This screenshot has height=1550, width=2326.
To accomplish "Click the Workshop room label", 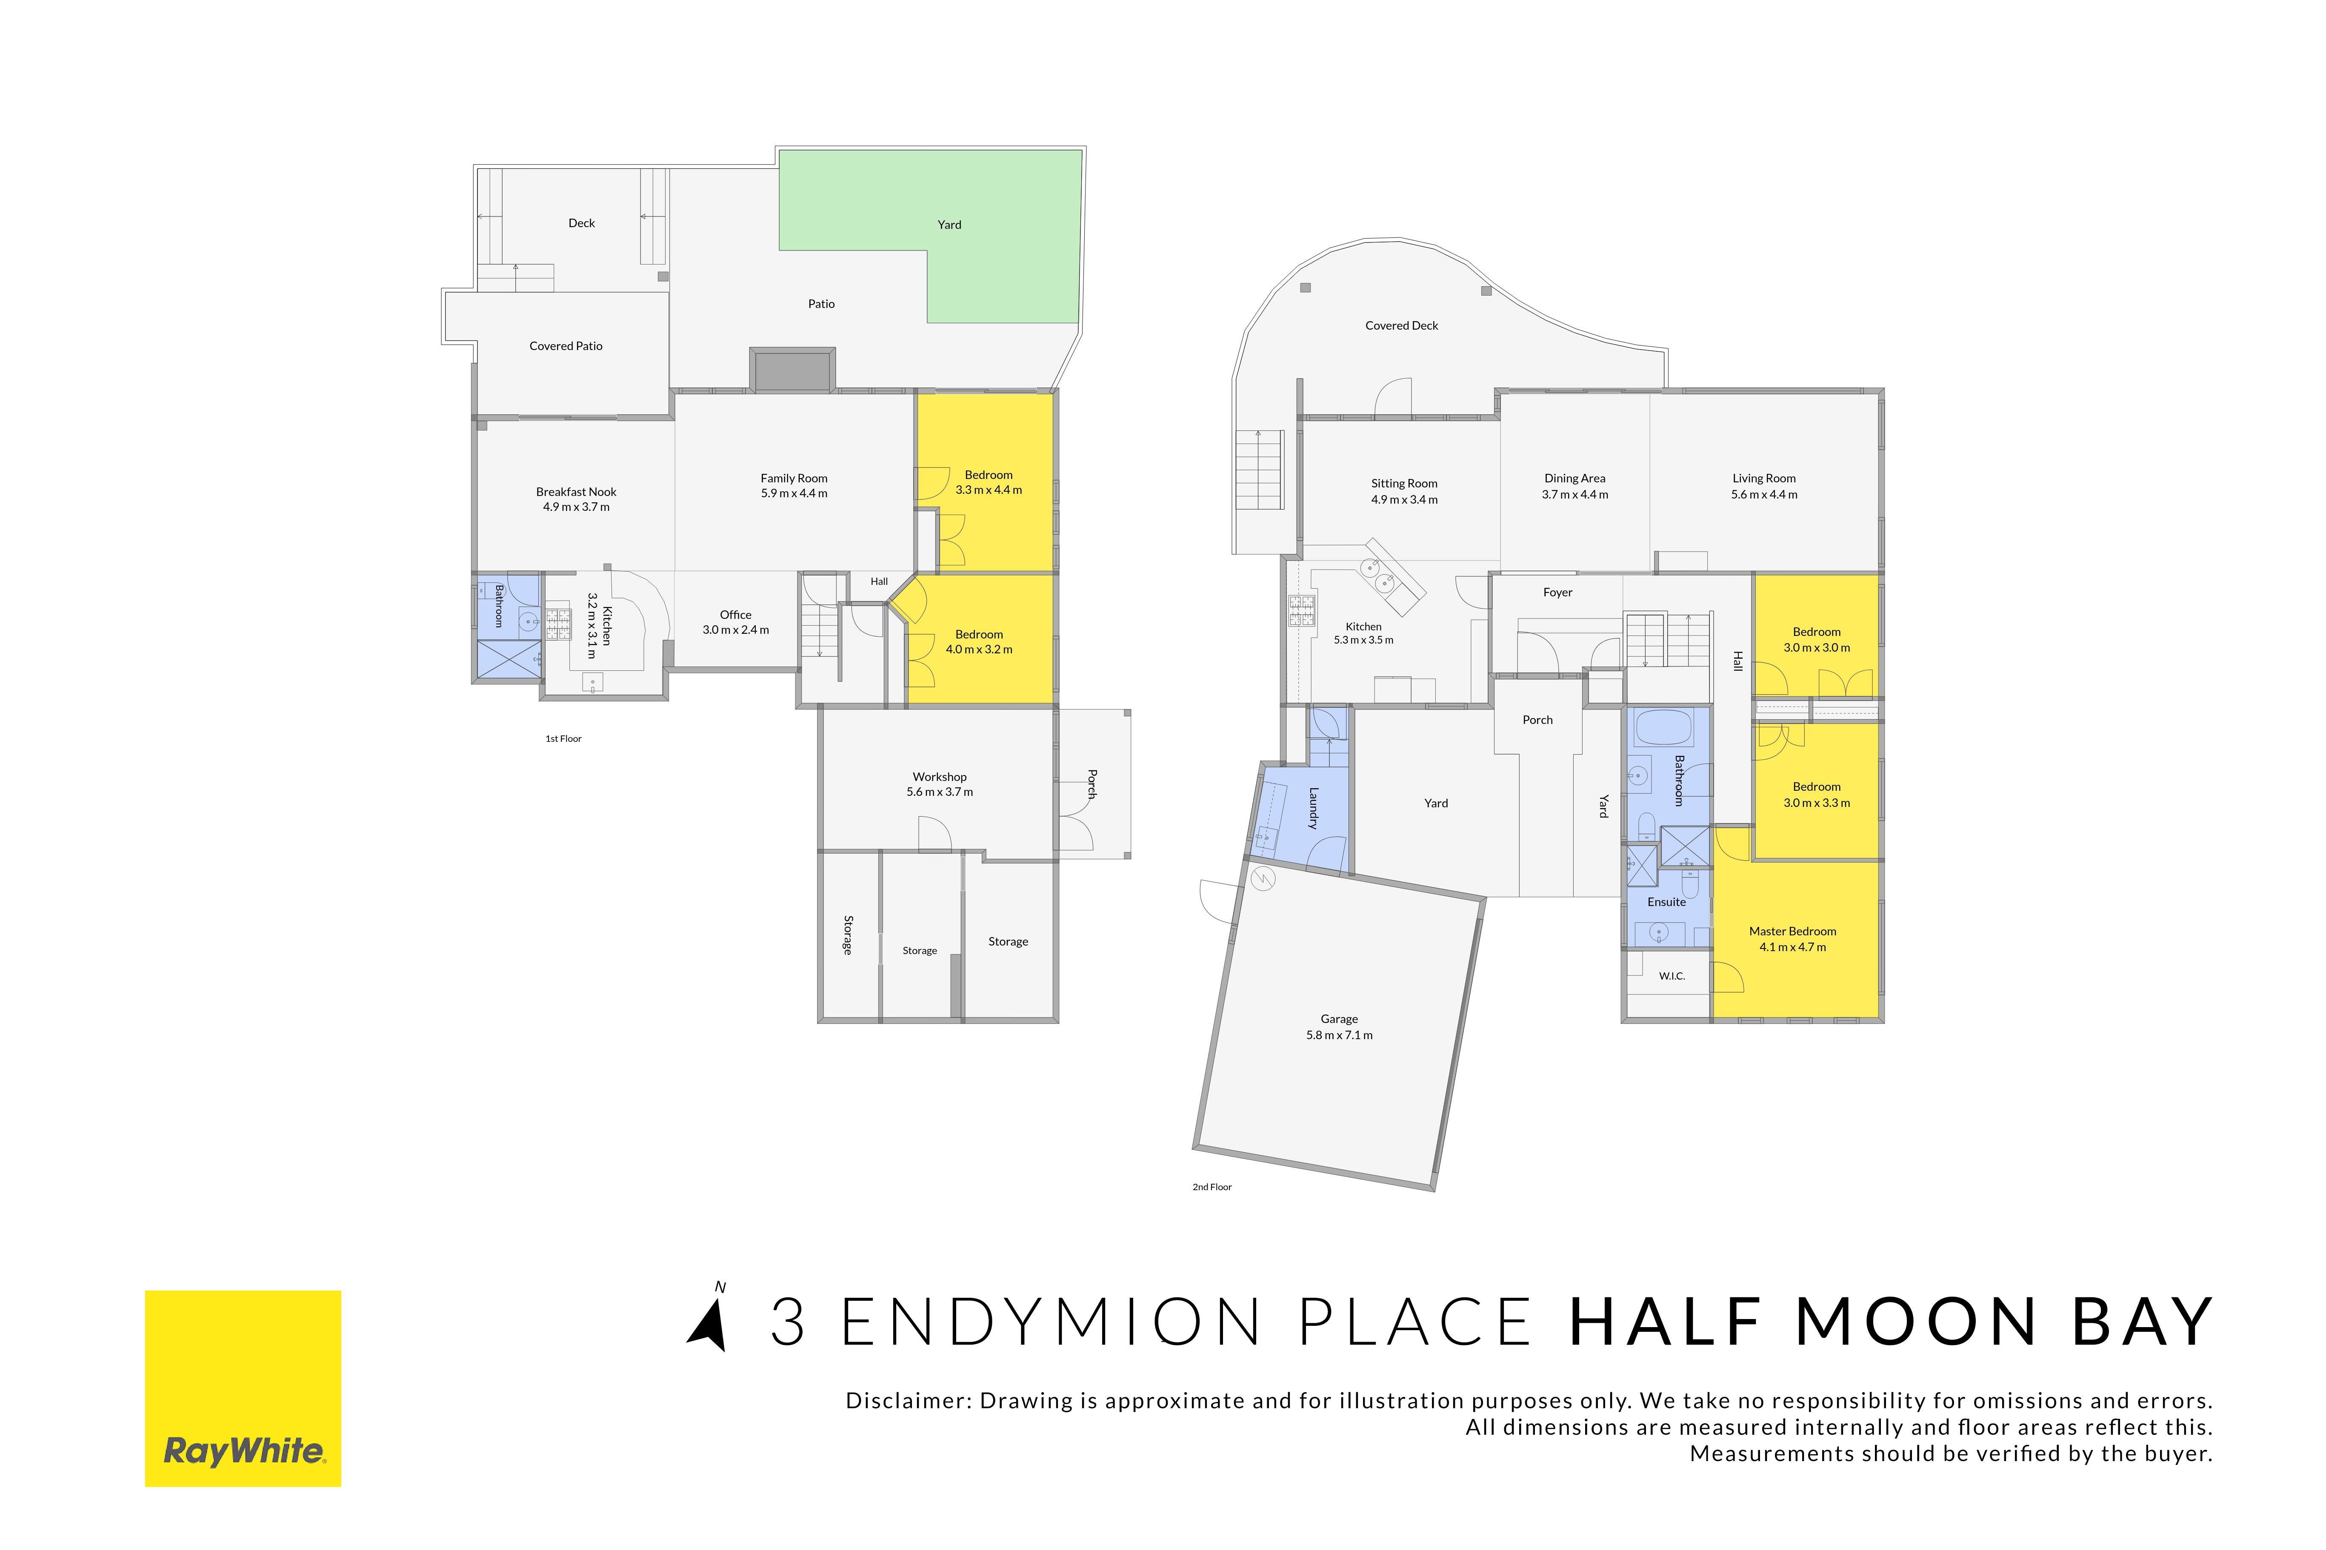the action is click(940, 777).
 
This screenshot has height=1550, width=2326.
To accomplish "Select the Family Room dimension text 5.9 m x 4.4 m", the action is click(794, 493).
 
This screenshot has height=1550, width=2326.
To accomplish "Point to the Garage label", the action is click(1339, 1019).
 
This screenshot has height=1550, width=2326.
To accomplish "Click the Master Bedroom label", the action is click(1792, 931).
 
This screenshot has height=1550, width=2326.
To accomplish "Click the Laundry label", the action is click(1313, 808).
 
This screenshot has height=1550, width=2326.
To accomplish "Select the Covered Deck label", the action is click(1401, 325).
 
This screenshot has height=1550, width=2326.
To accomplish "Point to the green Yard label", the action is click(949, 225).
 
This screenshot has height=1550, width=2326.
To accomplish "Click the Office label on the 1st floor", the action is click(736, 615).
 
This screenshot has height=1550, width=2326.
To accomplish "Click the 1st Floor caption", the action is click(564, 738).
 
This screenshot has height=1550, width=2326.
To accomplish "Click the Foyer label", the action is click(1557, 592).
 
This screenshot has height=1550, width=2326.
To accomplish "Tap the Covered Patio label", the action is click(566, 346).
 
